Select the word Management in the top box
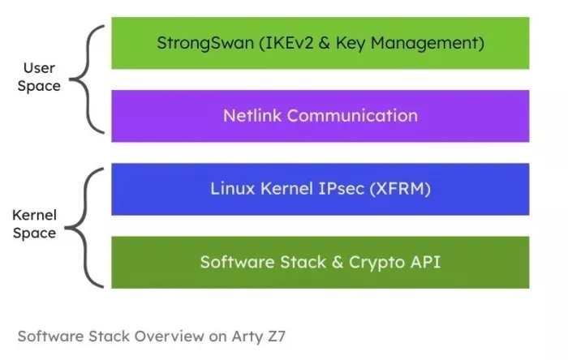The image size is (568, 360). pyautogui.click(x=437, y=43)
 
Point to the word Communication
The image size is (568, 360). pyautogui.click(x=352, y=115)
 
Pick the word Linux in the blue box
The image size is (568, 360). pyautogui.click(x=231, y=189)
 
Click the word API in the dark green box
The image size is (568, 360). pyautogui.click(x=424, y=262)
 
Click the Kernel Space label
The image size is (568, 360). pyautogui.click(x=34, y=225)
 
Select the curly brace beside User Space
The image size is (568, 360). pyautogui.click(x=86, y=79)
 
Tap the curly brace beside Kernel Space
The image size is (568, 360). pyautogui.click(x=86, y=227)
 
